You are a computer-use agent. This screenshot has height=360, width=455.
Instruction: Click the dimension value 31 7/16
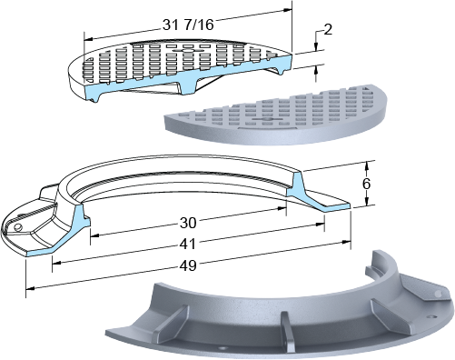coord(188,25)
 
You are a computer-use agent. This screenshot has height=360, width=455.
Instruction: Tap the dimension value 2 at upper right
coord(328,29)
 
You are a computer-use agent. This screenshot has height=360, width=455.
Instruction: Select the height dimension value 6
coord(366,184)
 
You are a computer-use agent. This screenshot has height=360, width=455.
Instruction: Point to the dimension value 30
coord(188,223)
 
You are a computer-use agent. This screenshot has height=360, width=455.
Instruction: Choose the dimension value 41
coord(188,244)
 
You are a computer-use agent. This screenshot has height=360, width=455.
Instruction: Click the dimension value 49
coord(188,265)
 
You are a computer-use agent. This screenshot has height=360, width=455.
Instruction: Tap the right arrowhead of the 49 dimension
coord(347,242)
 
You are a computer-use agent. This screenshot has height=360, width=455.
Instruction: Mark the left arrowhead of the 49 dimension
coord(30,288)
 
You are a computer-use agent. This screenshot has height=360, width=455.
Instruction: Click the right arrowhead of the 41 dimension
coord(321,225)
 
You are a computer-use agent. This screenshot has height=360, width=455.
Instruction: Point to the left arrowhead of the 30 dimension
coord(95,235)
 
